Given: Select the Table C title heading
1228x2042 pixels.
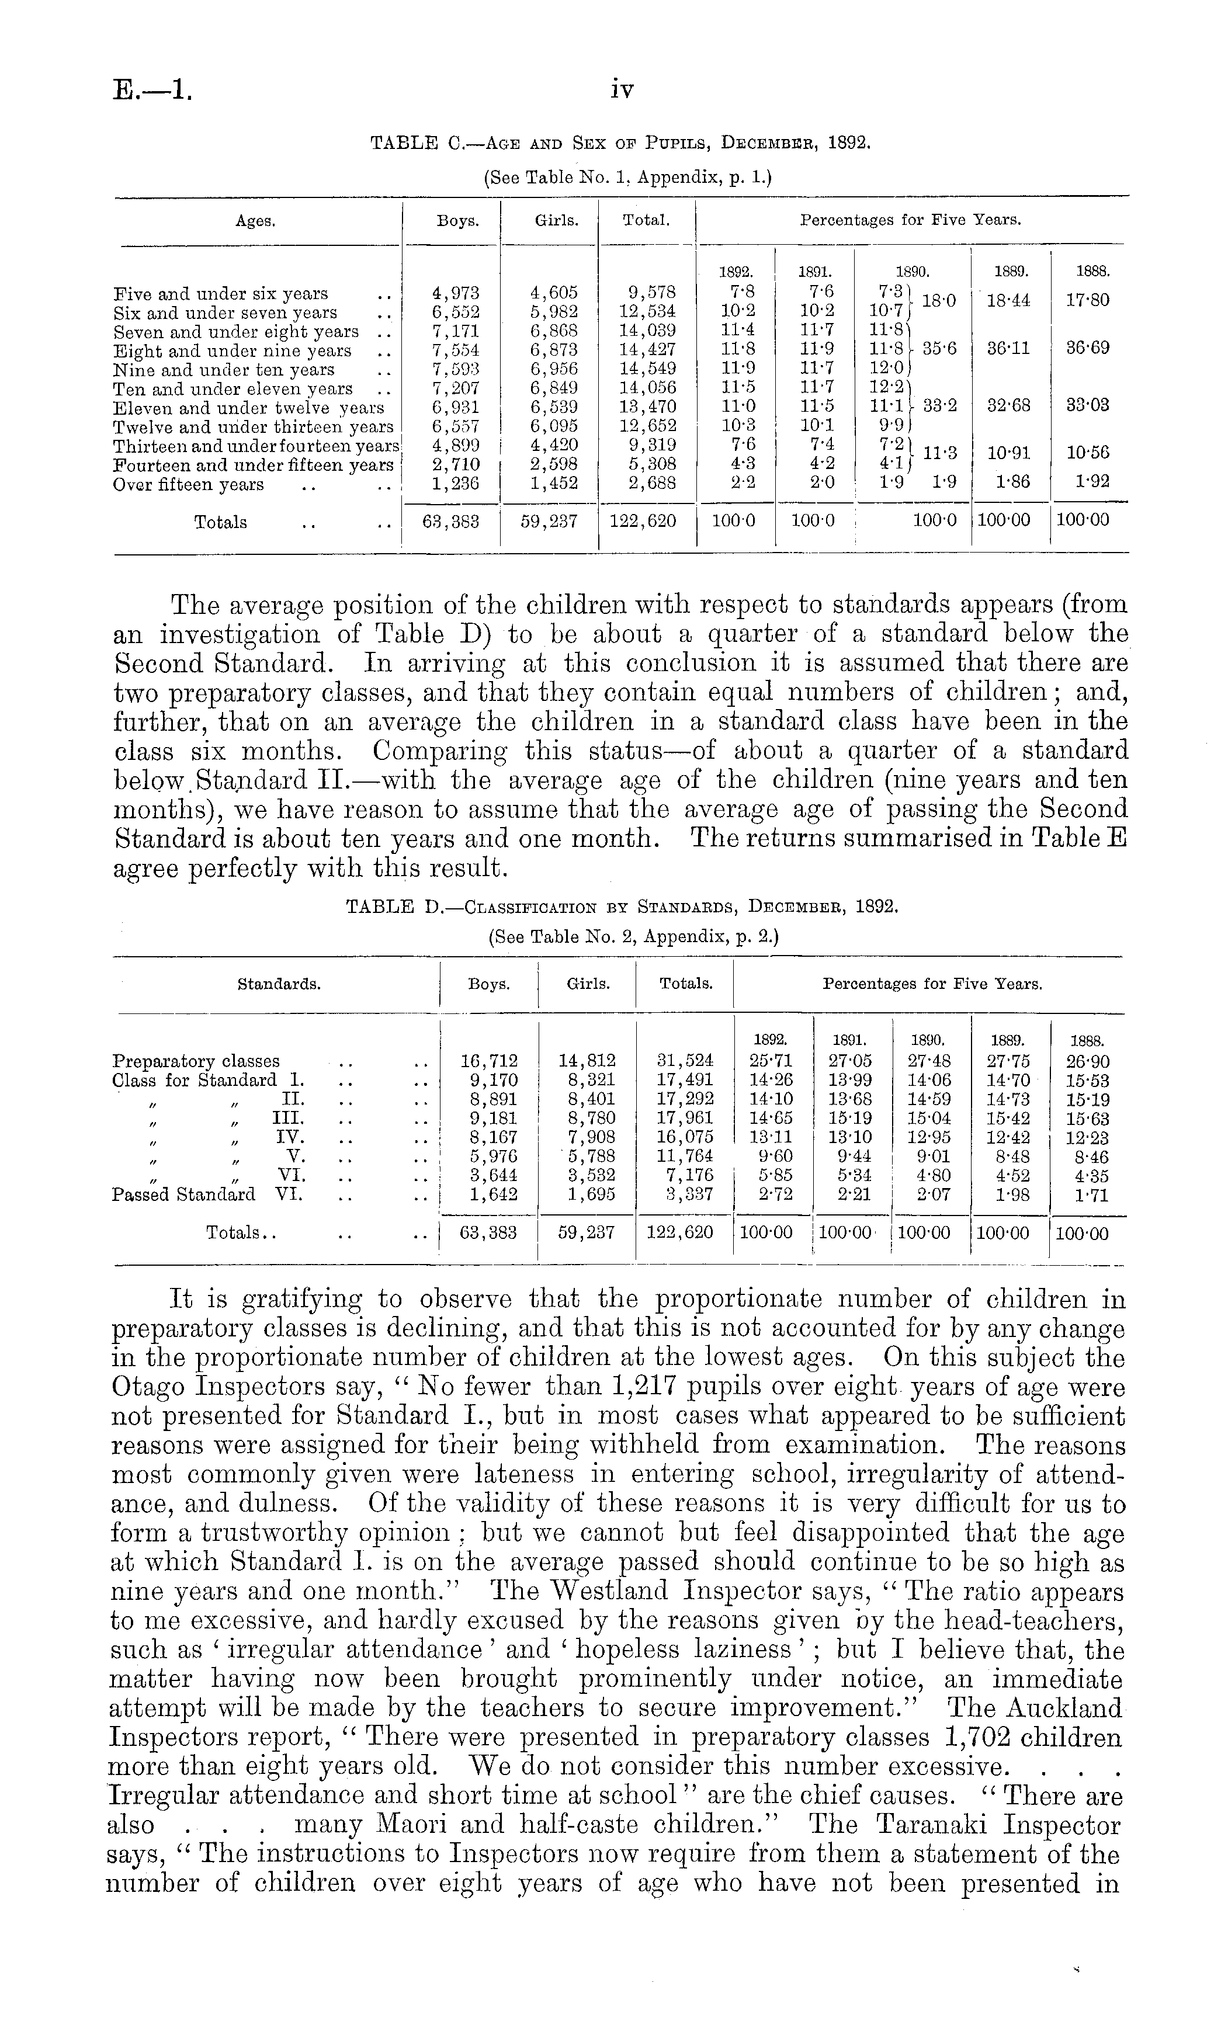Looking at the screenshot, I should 620,143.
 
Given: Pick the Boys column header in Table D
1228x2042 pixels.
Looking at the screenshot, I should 488,985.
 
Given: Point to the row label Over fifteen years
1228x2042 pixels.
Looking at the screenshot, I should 189,485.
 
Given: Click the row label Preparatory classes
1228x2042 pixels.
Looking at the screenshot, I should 196,1061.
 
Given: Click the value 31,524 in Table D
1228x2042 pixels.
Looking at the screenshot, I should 685,1061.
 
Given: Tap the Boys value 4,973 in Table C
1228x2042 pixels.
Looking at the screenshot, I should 456,293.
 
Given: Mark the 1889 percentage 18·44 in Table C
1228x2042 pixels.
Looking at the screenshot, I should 1010,300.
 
